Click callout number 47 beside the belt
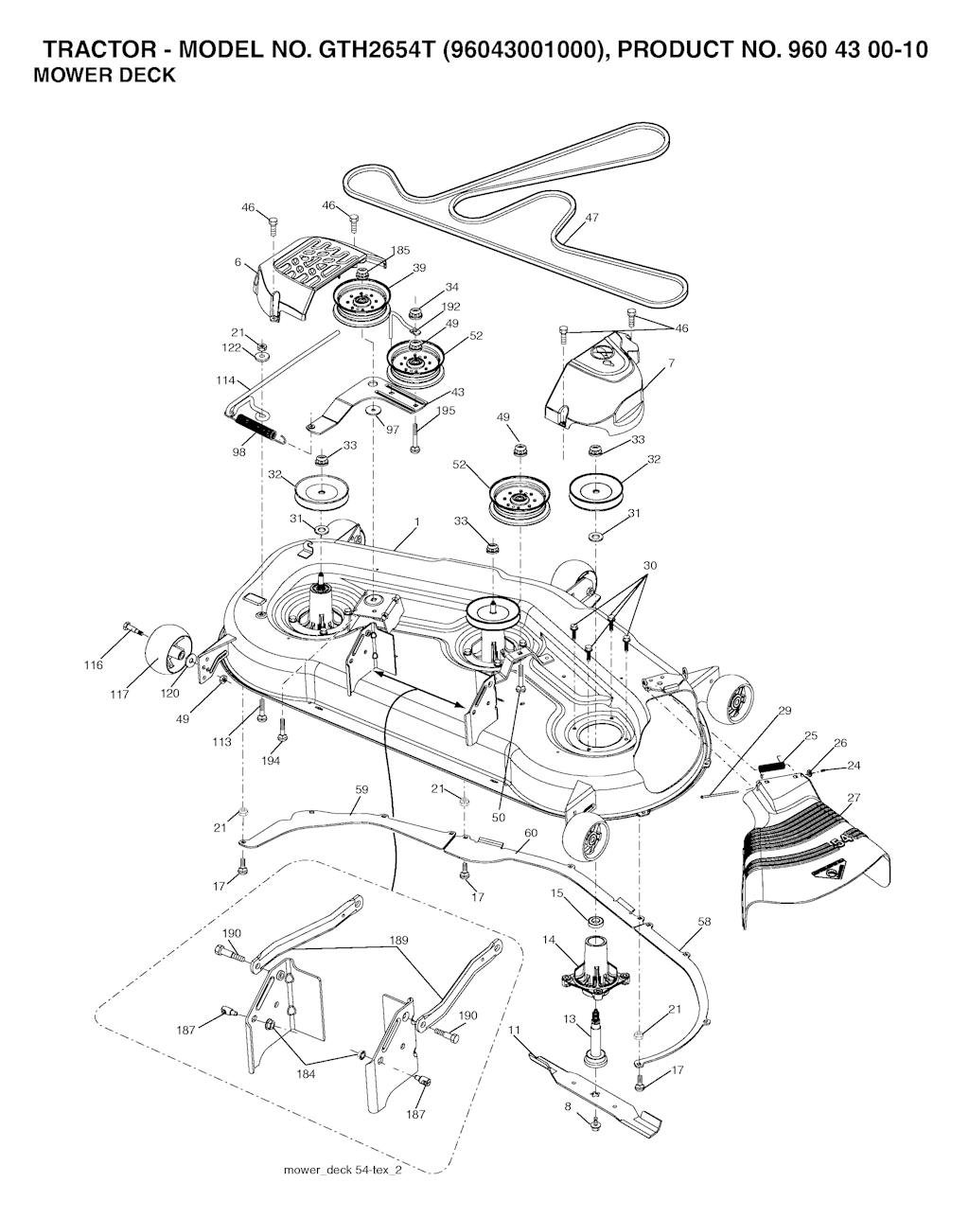[x=591, y=218]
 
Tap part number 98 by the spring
[x=238, y=452]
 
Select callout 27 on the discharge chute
[x=854, y=798]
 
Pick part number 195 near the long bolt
[x=446, y=411]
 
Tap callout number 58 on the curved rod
[x=703, y=921]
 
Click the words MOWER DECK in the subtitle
[x=104, y=77]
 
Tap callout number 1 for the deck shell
[x=416, y=521]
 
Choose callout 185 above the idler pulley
[x=399, y=251]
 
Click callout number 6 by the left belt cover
[x=238, y=262]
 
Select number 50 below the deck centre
[x=498, y=817]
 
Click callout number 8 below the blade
[x=568, y=1104]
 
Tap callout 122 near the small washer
[x=232, y=347]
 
